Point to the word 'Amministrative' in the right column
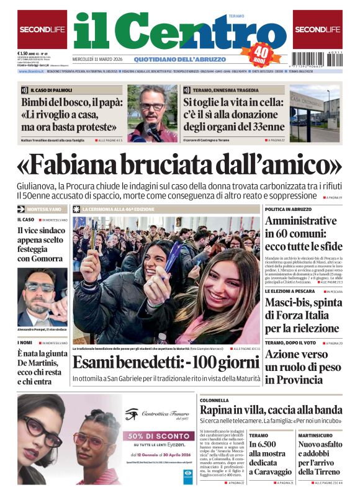coord(300,221)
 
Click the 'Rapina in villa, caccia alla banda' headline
coord(271,409)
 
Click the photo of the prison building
coord(314,114)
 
